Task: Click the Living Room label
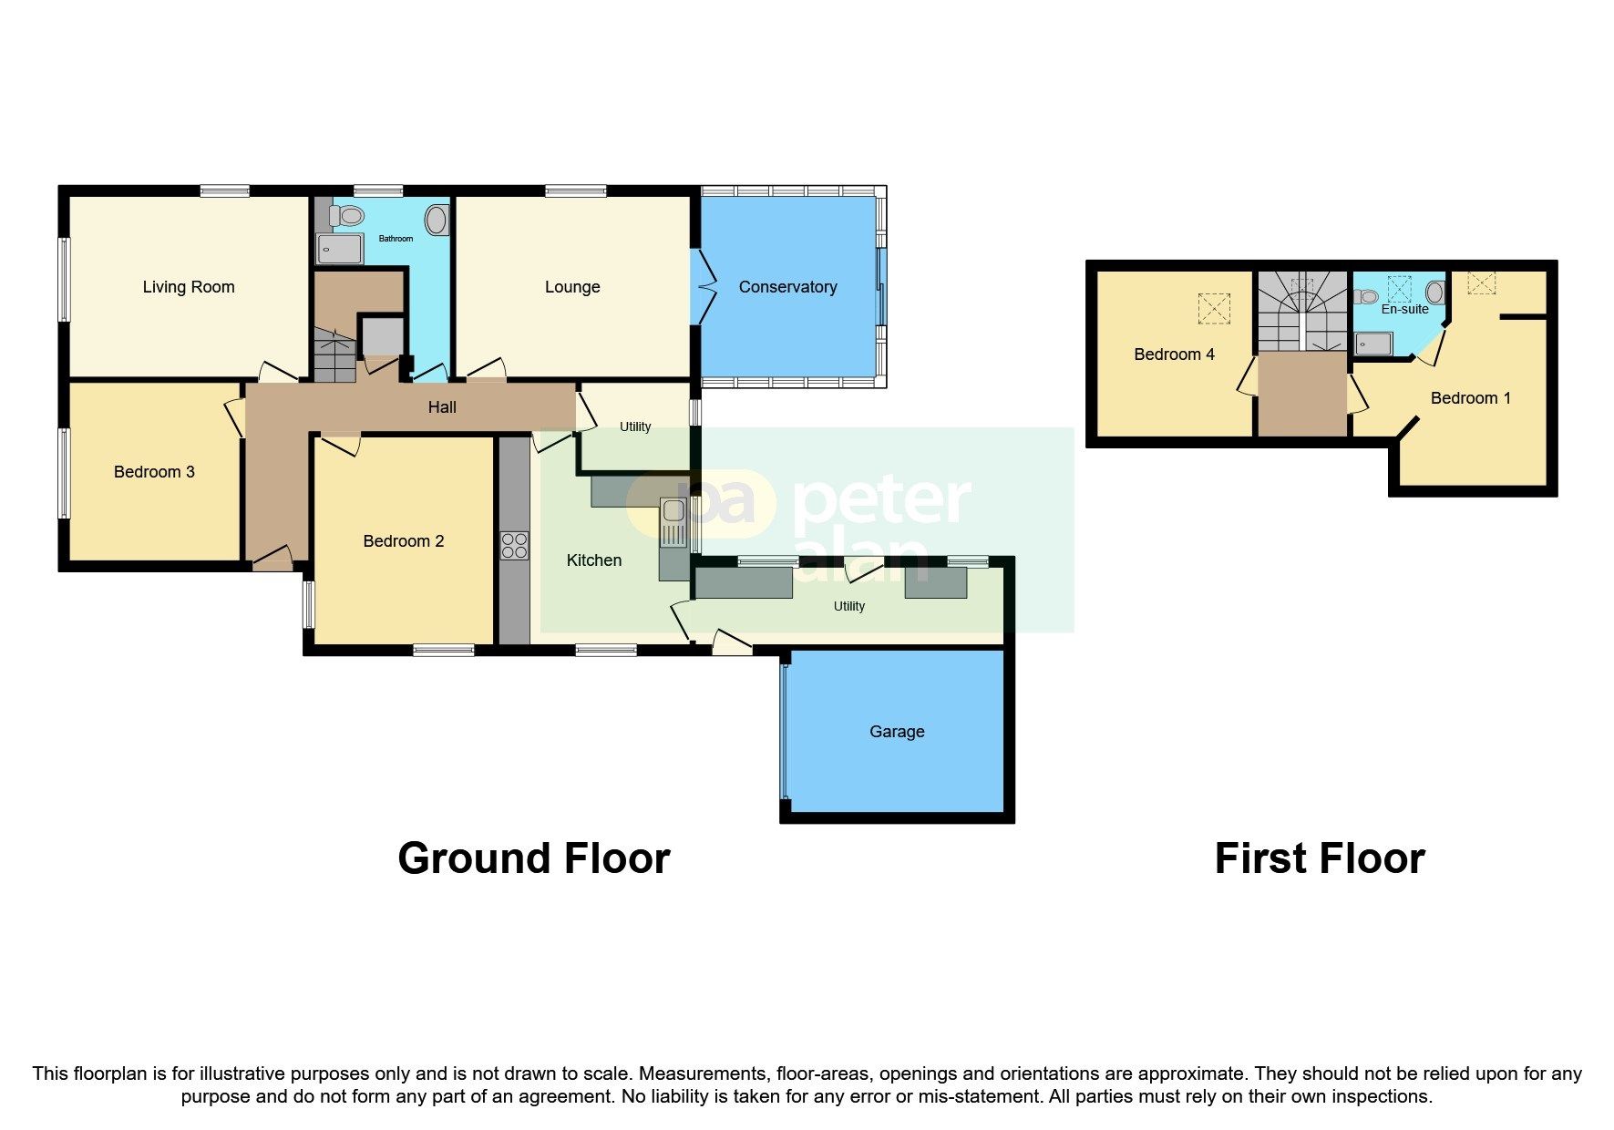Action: (x=189, y=287)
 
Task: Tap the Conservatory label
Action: (x=787, y=287)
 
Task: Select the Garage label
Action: (x=897, y=732)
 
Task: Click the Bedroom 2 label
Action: (x=403, y=541)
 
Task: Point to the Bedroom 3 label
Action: (x=154, y=472)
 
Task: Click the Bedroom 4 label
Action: (x=1174, y=354)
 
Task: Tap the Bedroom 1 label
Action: (x=1470, y=398)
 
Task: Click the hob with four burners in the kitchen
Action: (x=514, y=546)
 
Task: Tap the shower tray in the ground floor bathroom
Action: (x=339, y=249)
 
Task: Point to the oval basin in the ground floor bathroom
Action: (x=437, y=220)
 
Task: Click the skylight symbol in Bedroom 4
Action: (x=1213, y=308)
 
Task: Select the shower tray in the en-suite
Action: (x=1372, y=344)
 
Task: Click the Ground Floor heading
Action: (x=533, y=858)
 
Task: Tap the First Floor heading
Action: (x=1319, y=858)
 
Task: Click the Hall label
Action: (x=442, y=407)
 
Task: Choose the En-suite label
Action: (x=1404, y=309)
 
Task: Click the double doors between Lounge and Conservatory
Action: (x=704, y=286)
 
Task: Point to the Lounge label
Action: (x=572, y=287)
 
